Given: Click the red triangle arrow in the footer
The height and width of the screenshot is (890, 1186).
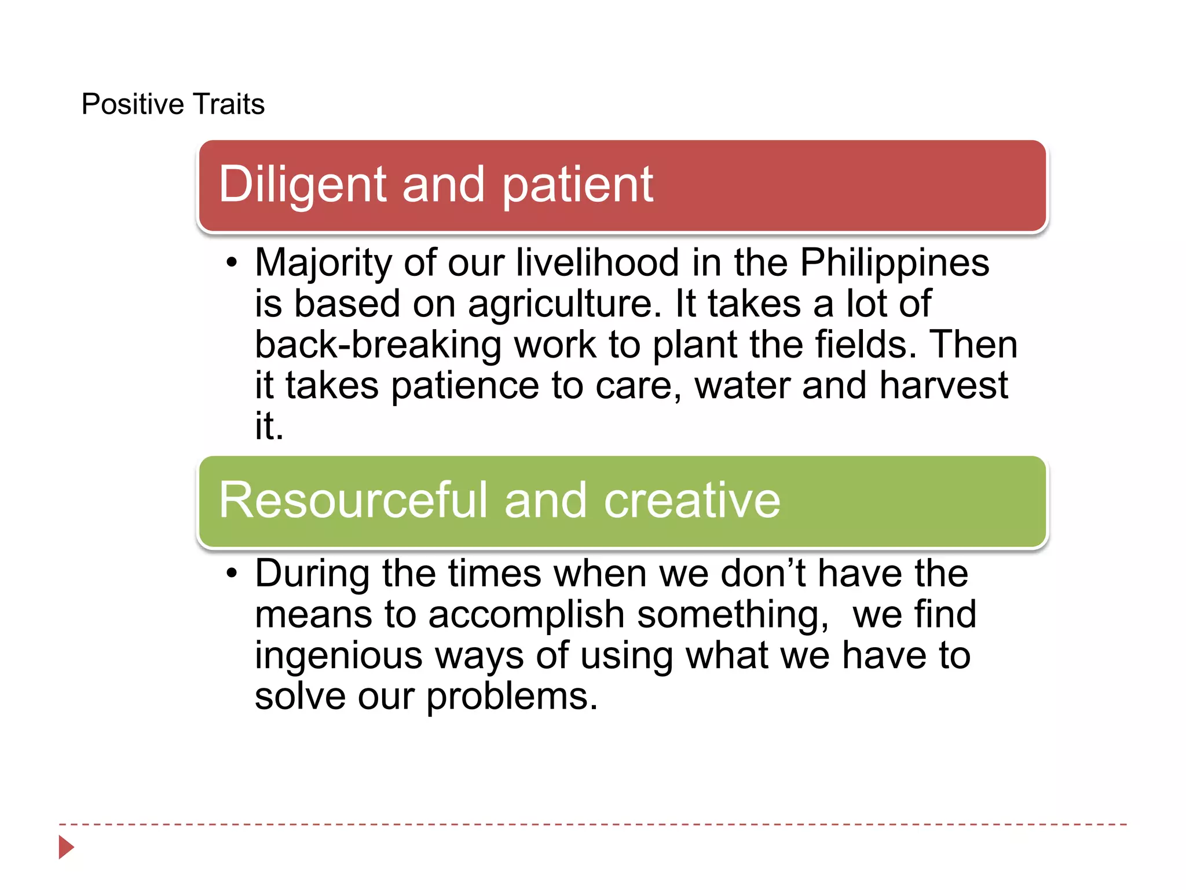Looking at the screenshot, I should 65,847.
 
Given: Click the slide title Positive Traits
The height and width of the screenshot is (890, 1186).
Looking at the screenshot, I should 173,104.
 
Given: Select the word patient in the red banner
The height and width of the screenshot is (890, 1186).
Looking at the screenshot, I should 577,185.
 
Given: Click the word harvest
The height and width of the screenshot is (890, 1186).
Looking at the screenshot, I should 943,386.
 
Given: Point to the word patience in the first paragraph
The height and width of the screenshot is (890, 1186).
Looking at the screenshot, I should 465,386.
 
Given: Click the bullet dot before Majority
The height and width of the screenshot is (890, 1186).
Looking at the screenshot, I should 232,262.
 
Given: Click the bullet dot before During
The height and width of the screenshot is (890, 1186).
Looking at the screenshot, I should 232,574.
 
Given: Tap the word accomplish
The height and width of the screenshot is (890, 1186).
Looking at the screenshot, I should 526,615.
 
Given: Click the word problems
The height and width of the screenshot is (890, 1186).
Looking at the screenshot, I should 512,697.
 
